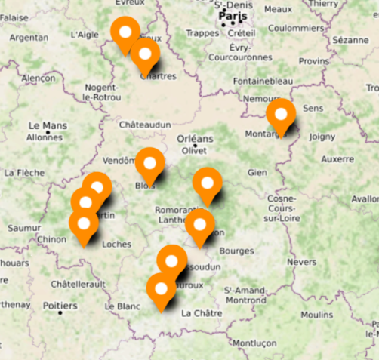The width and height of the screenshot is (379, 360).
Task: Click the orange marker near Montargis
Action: (282, 115)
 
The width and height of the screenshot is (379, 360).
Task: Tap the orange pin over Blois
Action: (149, 164)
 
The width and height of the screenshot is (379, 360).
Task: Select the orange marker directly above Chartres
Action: (145, 54)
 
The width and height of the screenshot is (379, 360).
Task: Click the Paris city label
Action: (233, 15)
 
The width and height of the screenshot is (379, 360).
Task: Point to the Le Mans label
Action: (48, 125)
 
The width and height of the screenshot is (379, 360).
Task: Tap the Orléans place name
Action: (195, 138)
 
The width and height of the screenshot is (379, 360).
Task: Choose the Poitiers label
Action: (60, 306)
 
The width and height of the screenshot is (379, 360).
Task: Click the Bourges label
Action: (238, 250)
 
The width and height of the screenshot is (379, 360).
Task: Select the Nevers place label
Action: (302, 262)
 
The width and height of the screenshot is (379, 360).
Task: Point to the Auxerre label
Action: (337, 160)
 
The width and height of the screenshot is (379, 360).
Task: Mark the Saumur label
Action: (23, 227)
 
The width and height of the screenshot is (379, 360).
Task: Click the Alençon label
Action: (39, 78)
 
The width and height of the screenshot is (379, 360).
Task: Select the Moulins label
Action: (316, 315)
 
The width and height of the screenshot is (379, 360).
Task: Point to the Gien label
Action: (257, 172)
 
